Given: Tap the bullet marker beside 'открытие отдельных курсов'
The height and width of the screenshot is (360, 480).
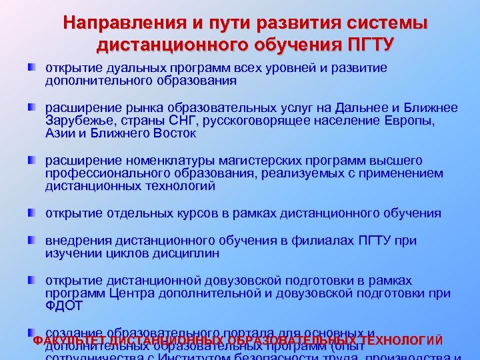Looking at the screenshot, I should (x=32, y=213).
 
